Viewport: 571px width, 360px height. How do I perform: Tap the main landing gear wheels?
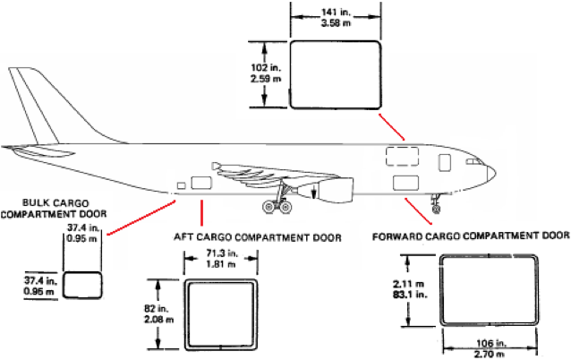277,208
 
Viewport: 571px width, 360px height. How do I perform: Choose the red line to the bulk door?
142,219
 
